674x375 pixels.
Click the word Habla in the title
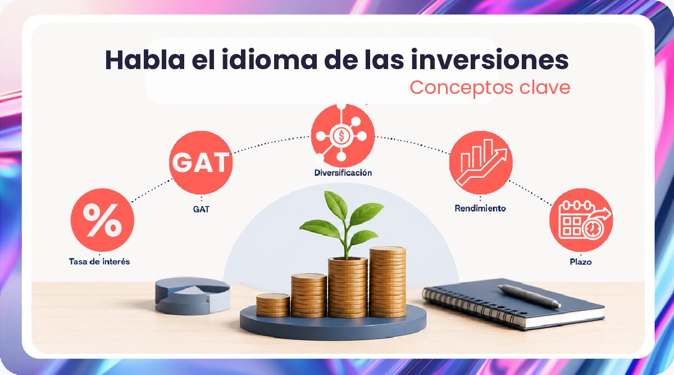145,60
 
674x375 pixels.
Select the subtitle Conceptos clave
490,88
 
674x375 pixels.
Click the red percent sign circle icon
102,220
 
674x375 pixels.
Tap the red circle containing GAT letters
201,162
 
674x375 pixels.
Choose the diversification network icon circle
343,135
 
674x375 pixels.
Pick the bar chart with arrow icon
481,162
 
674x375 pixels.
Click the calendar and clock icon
581,220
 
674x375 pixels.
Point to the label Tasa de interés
99,261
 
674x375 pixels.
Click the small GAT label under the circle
201,209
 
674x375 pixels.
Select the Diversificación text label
343,173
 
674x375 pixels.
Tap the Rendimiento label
480,208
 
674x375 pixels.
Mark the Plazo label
581,262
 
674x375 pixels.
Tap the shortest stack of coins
273,305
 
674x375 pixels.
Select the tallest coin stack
388,282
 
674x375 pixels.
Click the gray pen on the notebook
529,296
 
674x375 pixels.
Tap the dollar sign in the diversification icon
341,136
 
